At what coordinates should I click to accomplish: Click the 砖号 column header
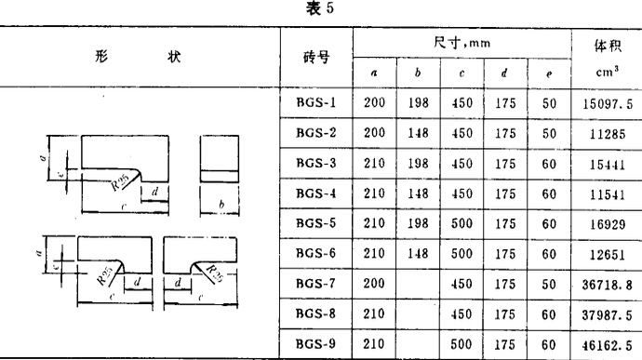pyautogui.click(x=316, y=57)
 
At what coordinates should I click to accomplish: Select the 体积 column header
pyautogui.click(x=607, y=45)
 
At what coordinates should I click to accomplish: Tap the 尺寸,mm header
pyautogui.click(x=461, y=43)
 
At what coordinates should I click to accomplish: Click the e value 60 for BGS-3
pyautogui.click(x=549, y=162)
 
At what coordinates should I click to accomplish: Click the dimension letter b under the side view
pyautogui.click(x=221, y=204)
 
